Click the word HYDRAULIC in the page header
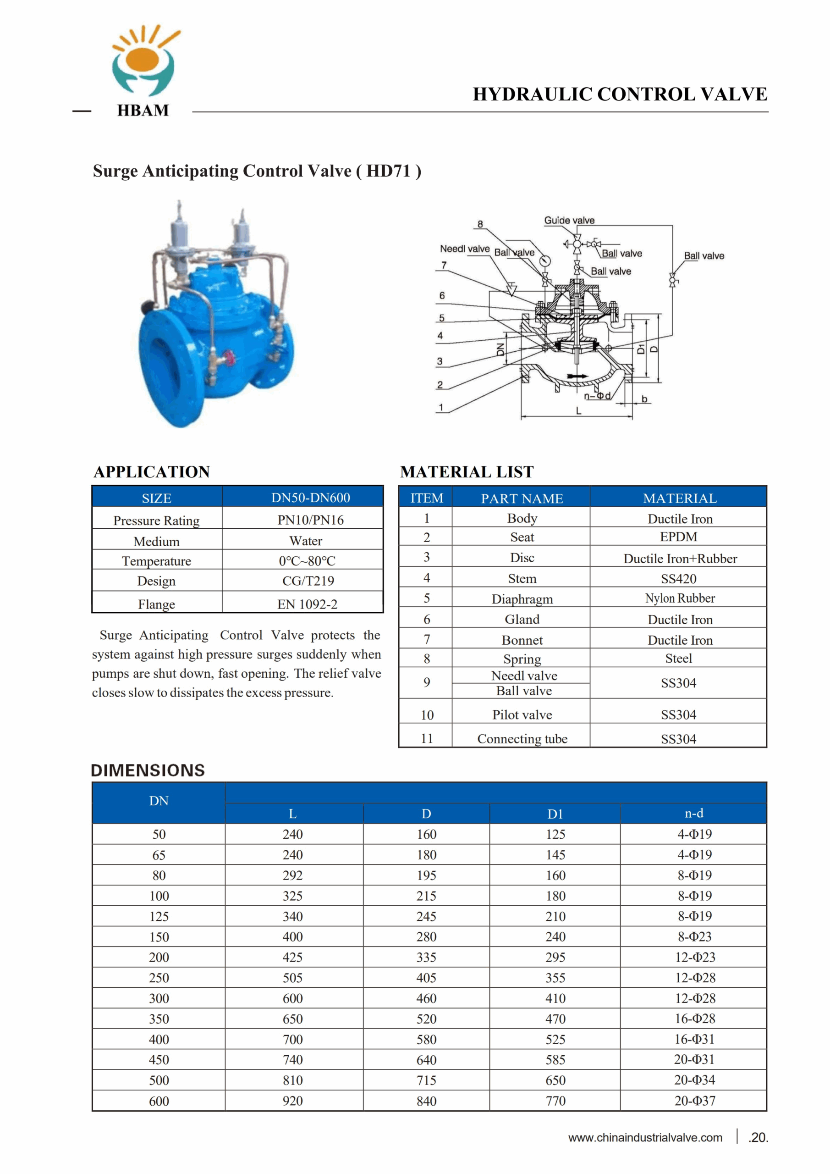531,94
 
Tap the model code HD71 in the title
389,171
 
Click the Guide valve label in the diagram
569,221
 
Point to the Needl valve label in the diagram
465,249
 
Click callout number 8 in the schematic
480,224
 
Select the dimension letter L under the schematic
578,410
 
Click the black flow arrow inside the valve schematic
577,377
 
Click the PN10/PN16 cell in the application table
310,520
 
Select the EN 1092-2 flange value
307,604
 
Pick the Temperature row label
156,561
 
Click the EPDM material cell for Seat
678,537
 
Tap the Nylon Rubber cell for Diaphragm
679,598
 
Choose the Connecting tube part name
522,739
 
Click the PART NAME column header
522,498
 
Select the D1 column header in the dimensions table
555,814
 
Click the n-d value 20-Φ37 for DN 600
694,1101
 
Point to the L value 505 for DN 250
293,978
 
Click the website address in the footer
645,1138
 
